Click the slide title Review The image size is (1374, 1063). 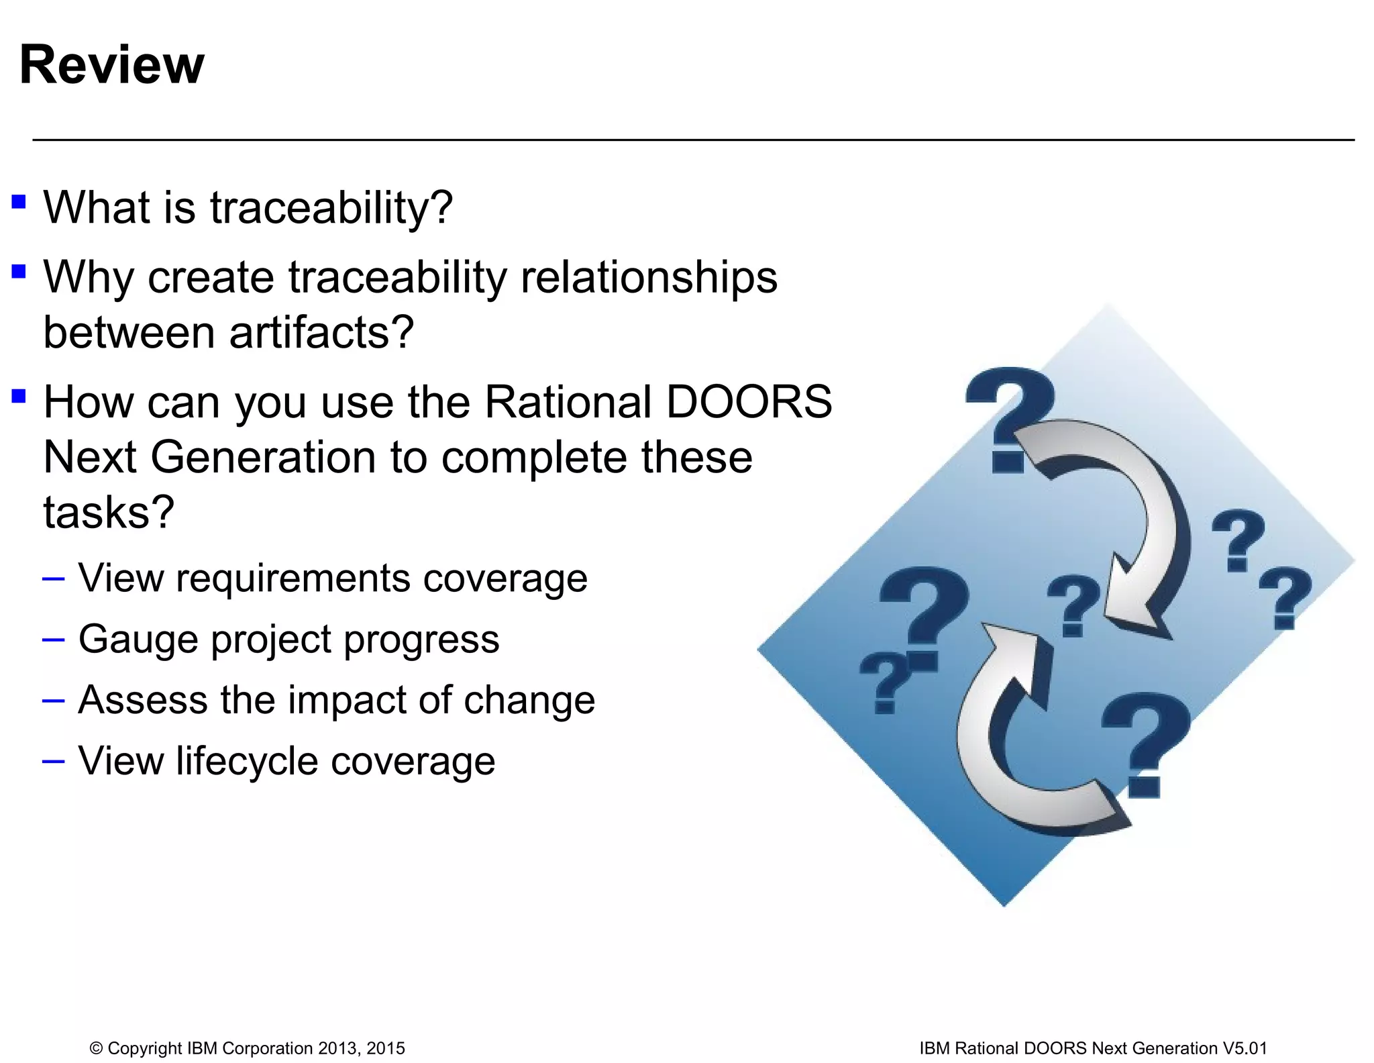[x=111, y=65]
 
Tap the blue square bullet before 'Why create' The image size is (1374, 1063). [x=19, y=272]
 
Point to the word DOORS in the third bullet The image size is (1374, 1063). [x=748, y=402]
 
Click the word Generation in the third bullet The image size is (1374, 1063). [x=263, y=458]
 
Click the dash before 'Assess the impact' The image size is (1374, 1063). [x=53, y=701]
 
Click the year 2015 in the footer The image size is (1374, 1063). [x=386, y=1048]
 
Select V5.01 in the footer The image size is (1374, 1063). [x=1245, y=1048]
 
